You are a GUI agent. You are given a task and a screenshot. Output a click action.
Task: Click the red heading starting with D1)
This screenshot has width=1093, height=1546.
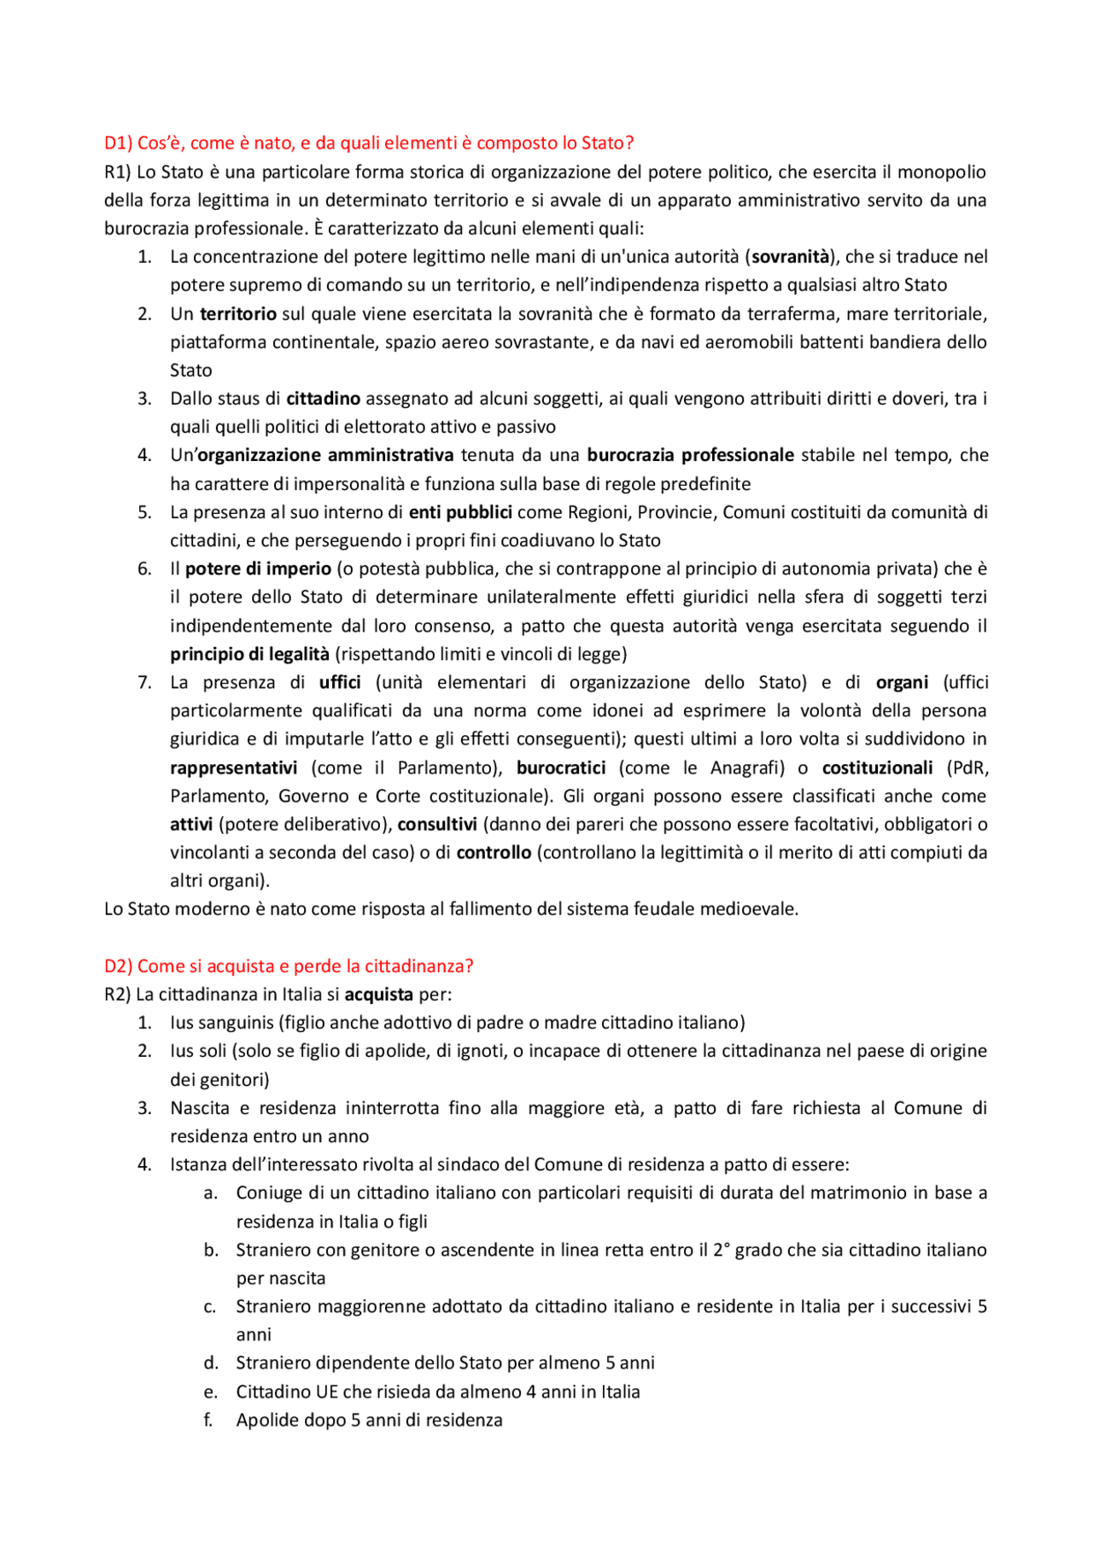click(368, 143)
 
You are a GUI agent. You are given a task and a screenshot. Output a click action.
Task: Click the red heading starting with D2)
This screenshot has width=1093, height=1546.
click(288, 966)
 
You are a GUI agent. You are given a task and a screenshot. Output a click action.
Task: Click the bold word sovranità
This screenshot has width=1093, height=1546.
click(790, 256)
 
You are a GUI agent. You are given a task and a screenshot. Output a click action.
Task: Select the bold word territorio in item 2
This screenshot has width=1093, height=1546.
click(238, 313)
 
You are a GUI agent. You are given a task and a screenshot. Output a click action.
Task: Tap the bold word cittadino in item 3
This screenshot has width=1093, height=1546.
click(323, 398)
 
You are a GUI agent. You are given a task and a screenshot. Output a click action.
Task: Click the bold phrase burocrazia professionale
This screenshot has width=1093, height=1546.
click(690, 455)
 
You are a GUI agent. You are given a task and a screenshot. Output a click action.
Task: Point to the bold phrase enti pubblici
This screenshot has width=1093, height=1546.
click(460, 512)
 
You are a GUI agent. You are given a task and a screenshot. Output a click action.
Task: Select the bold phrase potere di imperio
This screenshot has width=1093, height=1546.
click(258, 569)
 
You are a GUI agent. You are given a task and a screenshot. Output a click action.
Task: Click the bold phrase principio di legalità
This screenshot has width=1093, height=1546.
click(249, 654)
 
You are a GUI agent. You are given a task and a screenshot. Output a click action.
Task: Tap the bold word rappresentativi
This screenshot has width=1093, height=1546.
click(233, 767)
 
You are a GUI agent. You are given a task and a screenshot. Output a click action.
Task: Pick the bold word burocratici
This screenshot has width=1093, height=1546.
click(561, 767)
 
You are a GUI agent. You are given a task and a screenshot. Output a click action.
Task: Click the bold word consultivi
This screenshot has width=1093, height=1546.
click(437, 824)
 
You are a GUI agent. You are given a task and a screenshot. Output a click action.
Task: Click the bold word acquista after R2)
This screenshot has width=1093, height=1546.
click(378, 994)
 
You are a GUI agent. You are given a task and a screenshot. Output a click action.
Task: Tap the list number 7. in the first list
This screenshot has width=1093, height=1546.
click(144, 682)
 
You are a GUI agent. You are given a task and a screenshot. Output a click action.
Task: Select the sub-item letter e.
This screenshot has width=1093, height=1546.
click(210, 1391)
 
